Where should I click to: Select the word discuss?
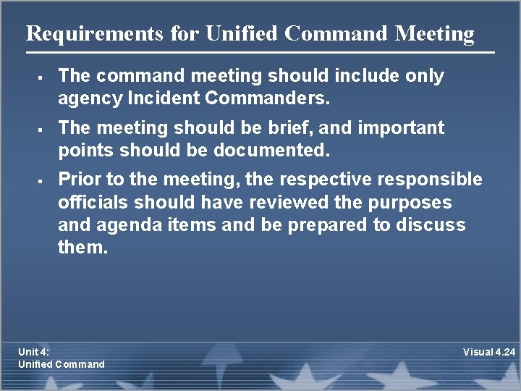pos(430,225)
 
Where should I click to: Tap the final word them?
pos(82,248)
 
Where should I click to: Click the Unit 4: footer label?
pos(34,352)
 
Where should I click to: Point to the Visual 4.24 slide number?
pos(489,352)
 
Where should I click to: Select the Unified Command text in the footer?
pos(62,364)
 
